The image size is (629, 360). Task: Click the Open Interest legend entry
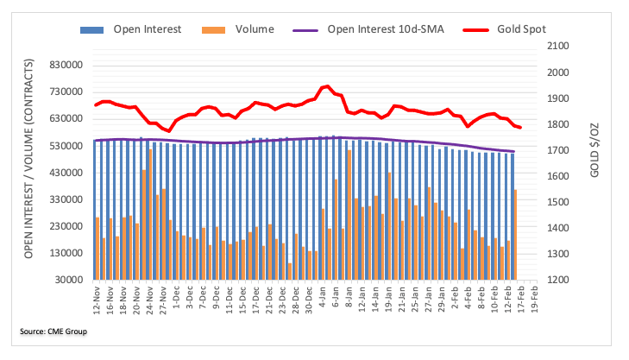[x=131, y=29]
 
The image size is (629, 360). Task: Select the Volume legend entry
[x=238, y=29]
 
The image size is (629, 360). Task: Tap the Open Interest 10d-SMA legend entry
[x=368, y=29]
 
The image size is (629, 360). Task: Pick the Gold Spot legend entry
[x=504, y=29]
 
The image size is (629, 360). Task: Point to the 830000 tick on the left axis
[x=66, y=65]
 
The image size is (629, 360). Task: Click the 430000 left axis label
[x=66, y=173]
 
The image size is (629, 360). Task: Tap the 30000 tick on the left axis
[x=69, y=280]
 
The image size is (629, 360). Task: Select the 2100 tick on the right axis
[x=558, y=46]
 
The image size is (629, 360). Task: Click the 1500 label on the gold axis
[x=558, y=202]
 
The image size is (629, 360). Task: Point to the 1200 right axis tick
[x=558, y=280]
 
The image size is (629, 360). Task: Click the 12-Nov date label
[x=97, y=300]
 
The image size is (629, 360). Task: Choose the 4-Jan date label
[x=323, y=298]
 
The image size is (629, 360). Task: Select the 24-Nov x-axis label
[x=149, y=300]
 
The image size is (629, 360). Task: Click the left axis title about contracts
[x=28, y=159]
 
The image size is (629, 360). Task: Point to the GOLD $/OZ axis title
[x=594, y=150]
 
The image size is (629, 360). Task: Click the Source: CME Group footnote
[x=53, y=332]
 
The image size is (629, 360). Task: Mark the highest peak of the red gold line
[x=327, y=85]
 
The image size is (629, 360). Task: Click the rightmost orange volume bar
[x=515, y=234]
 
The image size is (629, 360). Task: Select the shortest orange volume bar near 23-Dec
[x=290, y=271]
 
